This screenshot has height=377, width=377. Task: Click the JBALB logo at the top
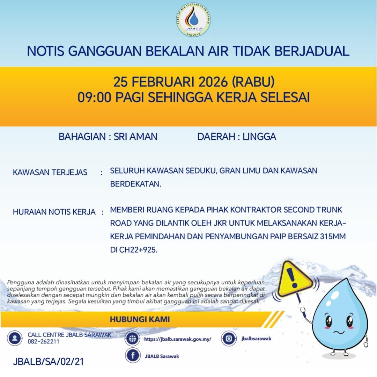(193, 20)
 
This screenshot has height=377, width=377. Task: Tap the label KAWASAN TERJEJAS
(50, 172)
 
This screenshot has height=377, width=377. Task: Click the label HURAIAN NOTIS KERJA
(54, 212)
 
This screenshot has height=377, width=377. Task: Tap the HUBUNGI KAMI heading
(140, 319)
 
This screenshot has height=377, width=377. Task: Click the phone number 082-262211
(43, 341)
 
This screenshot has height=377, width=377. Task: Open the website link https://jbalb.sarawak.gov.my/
(177, 339)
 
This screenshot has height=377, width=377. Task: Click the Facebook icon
(133, 356)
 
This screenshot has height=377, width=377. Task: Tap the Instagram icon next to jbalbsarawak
(229, 338)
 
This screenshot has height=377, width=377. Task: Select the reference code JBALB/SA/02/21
(48, 361)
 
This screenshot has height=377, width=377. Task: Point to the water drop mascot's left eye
(328, 320)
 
